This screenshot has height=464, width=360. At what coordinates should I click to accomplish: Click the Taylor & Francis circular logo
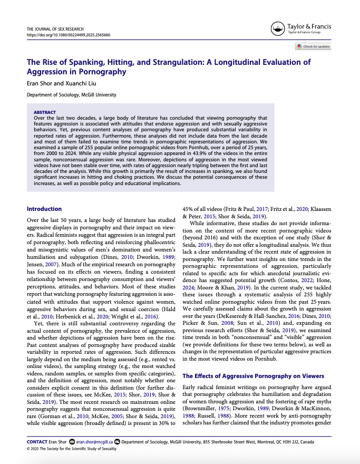click(276, 28)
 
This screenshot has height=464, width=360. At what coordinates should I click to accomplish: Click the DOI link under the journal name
click(68, 34)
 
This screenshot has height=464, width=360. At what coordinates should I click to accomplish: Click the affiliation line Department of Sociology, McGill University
click(72, 95)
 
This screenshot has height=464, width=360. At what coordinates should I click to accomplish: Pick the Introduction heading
click(44, 209)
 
